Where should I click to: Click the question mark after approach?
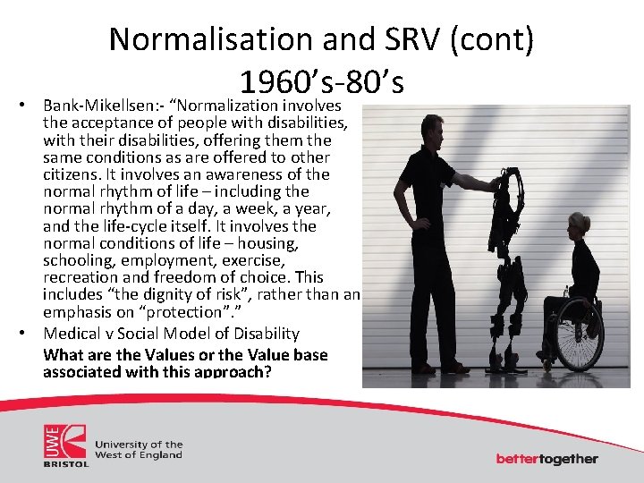[x=267, y=371]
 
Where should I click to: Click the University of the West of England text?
[x=139, y=449]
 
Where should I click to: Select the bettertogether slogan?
[x=547, y=459]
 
